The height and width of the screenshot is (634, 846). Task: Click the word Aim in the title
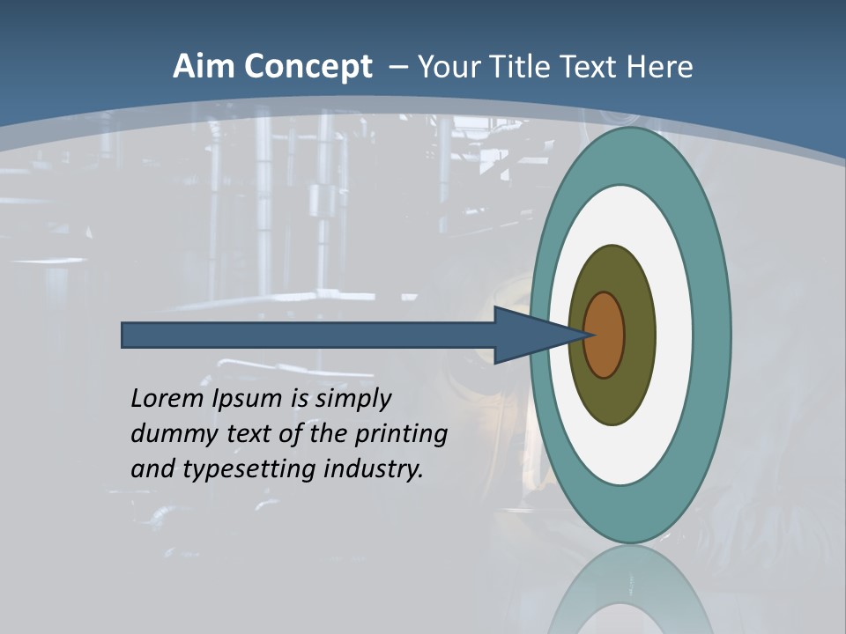[x=203, y=67]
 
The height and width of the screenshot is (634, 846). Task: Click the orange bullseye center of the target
[x=605, y=335]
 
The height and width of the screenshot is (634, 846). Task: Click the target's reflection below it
[x=630, y=590]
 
